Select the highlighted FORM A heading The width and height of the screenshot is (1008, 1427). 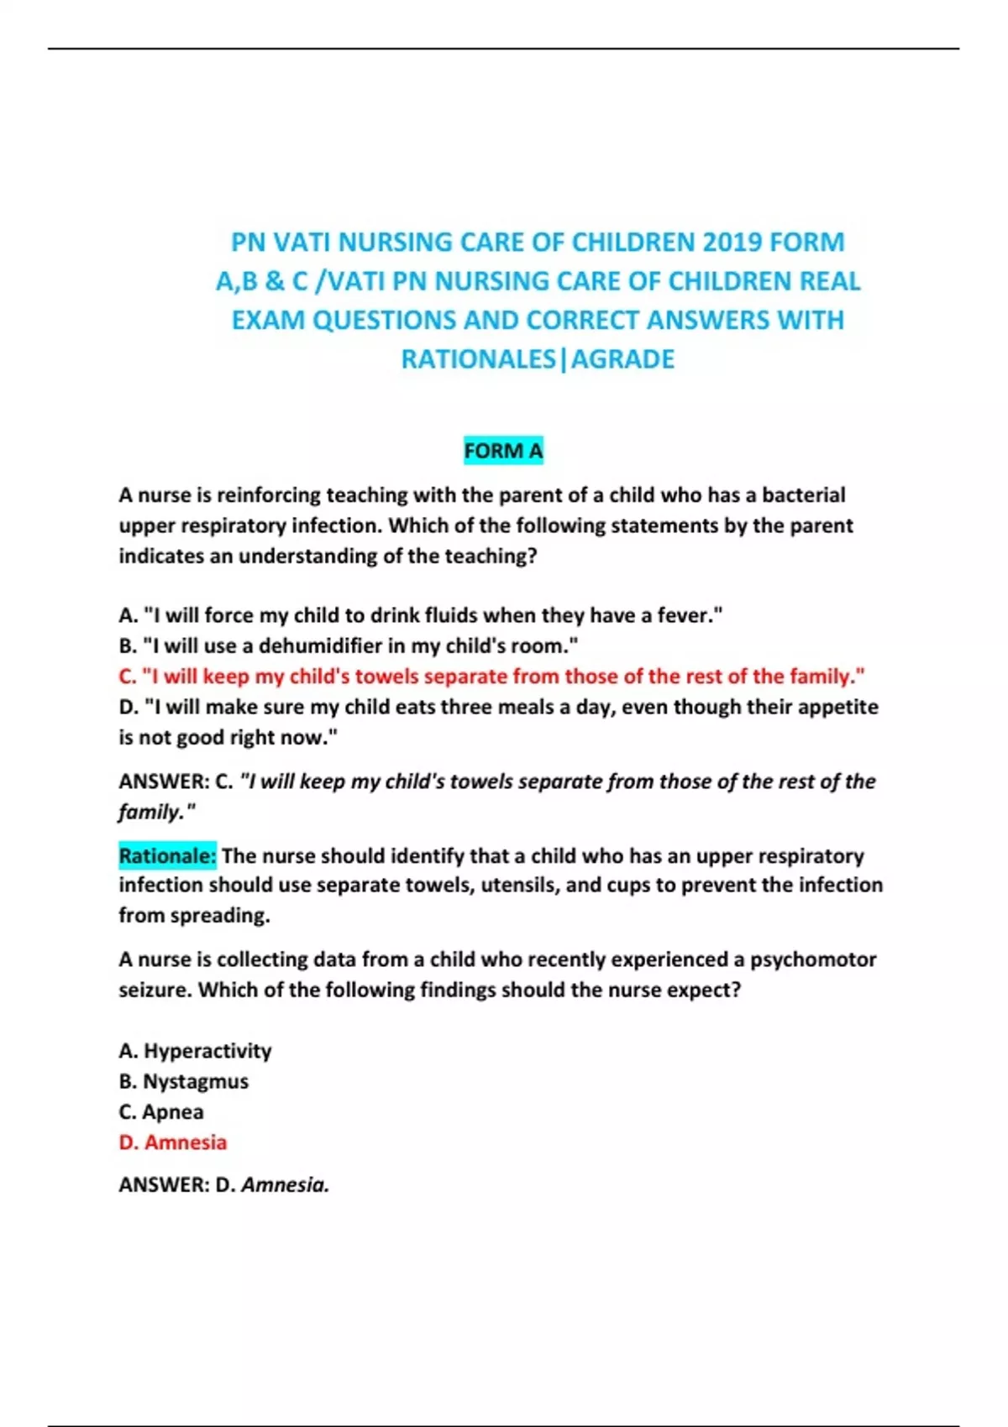pyautogui.click(x=503, y=451)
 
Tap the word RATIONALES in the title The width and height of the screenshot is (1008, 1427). pyautogui.click(x=478, y=359)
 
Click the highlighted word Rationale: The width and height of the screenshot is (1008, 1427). pyautogui.click(x=167, y=855)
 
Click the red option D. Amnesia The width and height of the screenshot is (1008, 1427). pyautogui.click(x=173, y=1142)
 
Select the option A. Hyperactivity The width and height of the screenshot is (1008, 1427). pyautogui.click(x=195, y=1050)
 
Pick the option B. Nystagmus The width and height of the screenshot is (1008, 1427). pyautogui.click(x=183, y=1081)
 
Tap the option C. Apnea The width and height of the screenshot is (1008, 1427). pyautogui.click(x=161, y=1111)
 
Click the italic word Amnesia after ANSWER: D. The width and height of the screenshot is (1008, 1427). pyautogui.click(x=284, y=1184)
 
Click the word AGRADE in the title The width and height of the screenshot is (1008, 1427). pyautogui.click(x=622, y=359)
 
